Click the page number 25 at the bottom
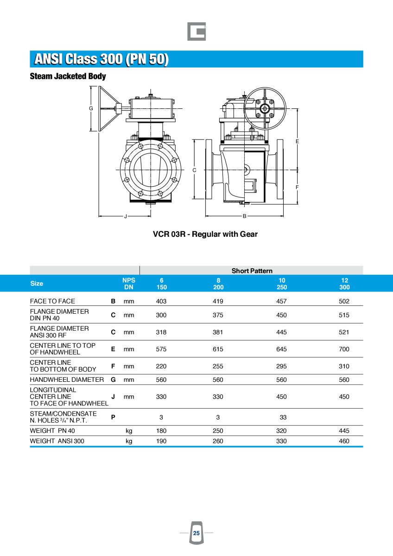point(196,533)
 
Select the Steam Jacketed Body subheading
point(68,76)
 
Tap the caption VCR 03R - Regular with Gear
point(205,234)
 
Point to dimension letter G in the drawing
point(91,108)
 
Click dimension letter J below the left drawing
point(125,216)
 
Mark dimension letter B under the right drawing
point(244,216)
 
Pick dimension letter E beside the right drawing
point(297,141)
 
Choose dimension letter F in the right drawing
point(297,187)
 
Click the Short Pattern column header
point(252,271)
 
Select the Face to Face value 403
point(161,301)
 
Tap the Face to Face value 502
point(344,301)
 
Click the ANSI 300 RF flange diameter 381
point(218,332)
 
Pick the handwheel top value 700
point(344,349)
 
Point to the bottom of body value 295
point(281,366)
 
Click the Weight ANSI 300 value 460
point(344,441)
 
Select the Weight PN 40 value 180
point(161,431)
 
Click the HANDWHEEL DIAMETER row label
point(67,379)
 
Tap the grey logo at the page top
point(196,32)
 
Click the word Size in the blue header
point(37,284)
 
